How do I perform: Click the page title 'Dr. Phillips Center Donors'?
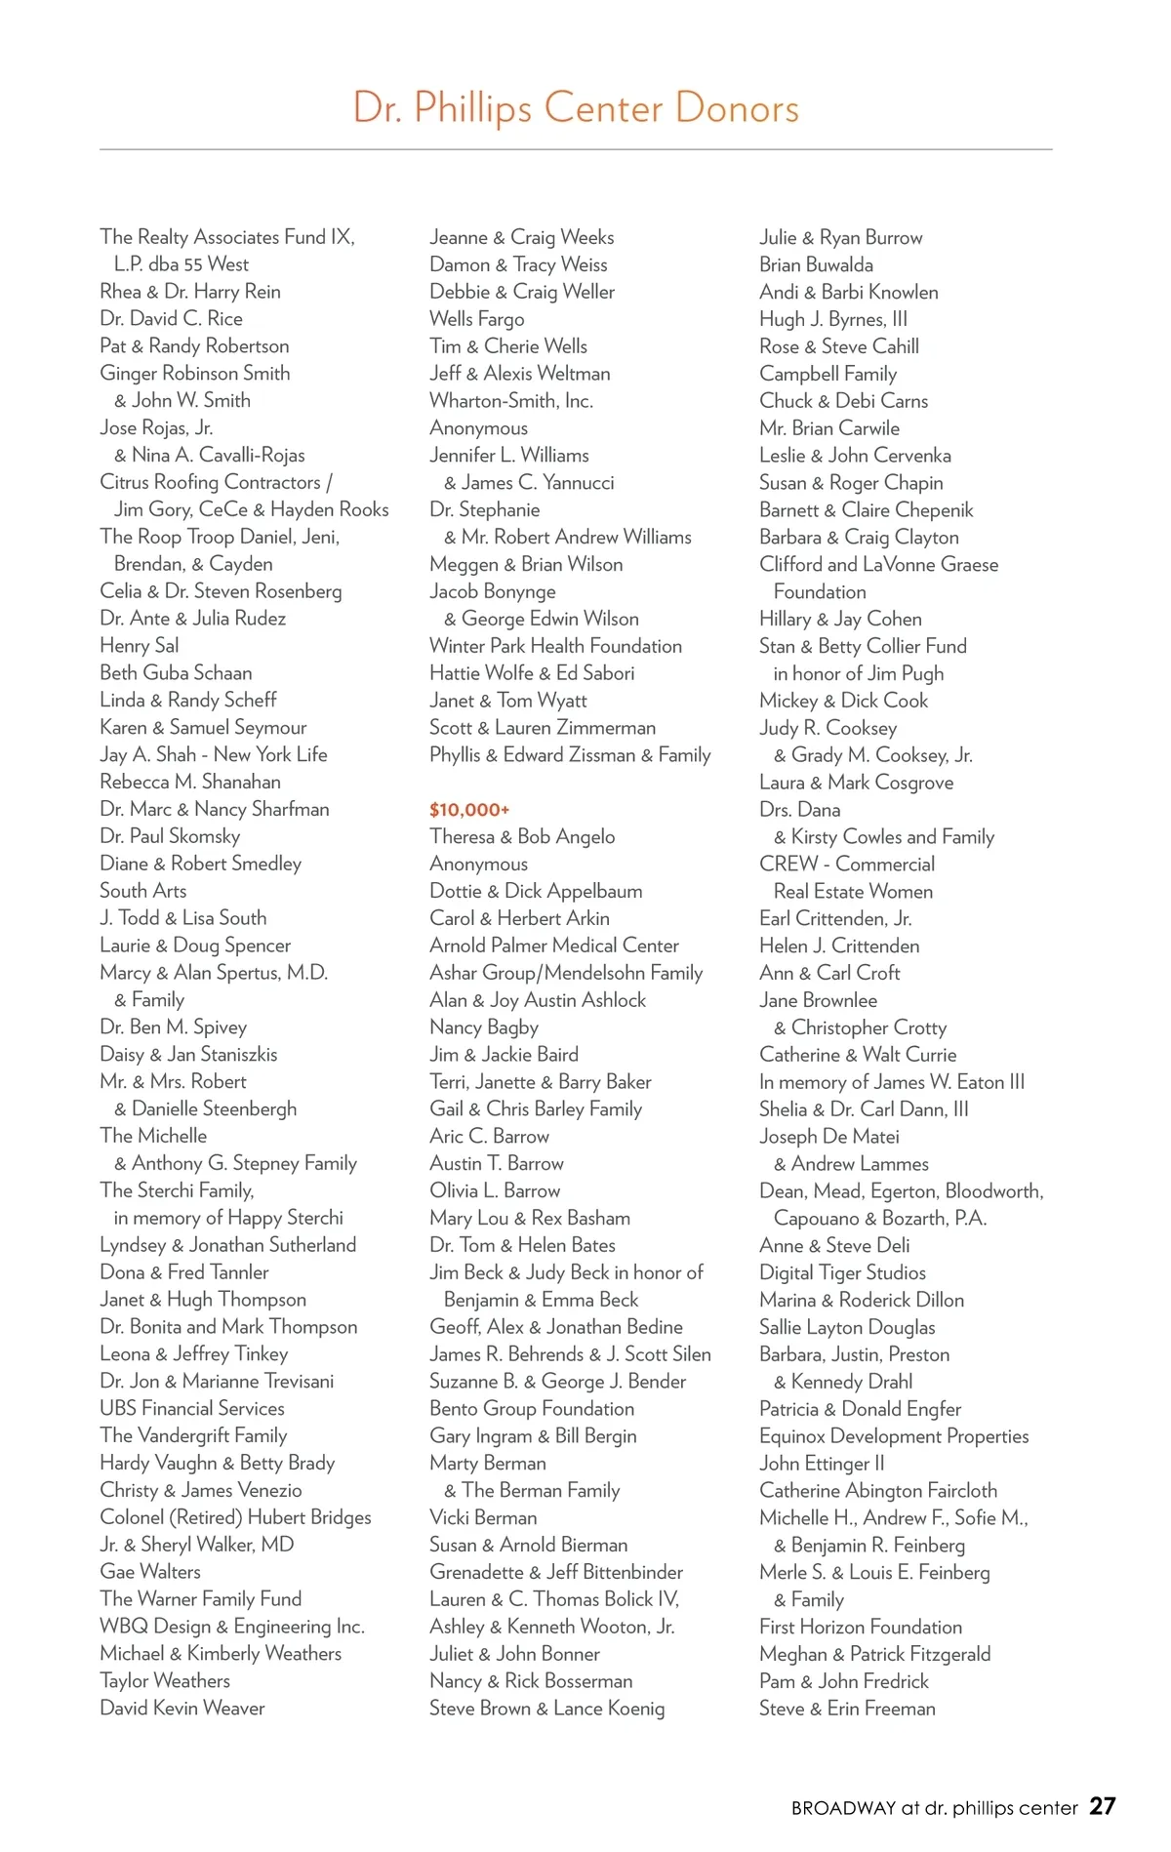tap(576, 108)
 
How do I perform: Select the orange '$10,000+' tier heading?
tap(469, 810)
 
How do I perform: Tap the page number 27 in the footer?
tap(1103, 1807)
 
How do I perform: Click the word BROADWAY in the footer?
tap(843, 1808)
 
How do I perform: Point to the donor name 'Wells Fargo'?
tap(476, 319)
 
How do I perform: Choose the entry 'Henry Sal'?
tap(140, 646)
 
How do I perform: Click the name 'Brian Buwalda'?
tap(816, 264)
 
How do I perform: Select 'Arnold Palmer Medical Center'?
tap(554, 946)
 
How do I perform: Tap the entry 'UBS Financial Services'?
tap(192, 1408)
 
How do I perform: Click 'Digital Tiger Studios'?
tap(842, 1272)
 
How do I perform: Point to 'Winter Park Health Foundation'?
tap(555, 646)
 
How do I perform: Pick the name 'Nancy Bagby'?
tap(484, 1027)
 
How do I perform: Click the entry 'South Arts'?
tap(142, 891)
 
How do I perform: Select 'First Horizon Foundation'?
tap(861, 1627)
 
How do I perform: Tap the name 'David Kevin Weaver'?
tap(182, 1709)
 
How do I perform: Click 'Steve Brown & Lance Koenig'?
tap(546, 1709)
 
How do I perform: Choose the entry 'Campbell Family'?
tap(828, 374)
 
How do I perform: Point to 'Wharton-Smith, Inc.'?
tap(511, 401)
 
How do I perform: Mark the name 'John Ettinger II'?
tap(822, 1464)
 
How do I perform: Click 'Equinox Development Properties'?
tap(894, 1436)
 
